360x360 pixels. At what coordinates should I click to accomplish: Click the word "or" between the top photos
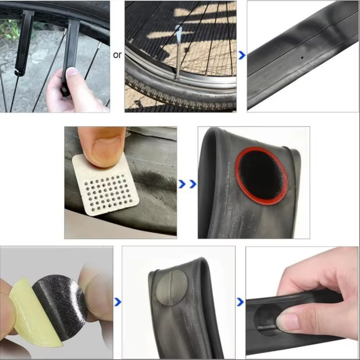(117, 55)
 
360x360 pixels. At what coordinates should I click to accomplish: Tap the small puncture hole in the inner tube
(302, 58)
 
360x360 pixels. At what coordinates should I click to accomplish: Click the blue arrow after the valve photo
(242, 55)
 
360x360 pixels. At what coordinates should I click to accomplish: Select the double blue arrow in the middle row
(188, 184)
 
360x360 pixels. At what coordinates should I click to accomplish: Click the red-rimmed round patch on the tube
(261, 176)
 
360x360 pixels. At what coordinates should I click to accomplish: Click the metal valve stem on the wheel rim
(178, 53)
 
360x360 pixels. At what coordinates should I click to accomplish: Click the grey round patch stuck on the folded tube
(172, 288)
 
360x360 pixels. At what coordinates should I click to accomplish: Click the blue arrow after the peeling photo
(117, 302)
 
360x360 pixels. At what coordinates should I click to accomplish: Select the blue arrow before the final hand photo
(240, 302)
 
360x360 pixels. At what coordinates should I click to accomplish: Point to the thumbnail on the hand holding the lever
(73, 72)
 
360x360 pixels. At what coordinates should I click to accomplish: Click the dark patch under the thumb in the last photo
(266, 319)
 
